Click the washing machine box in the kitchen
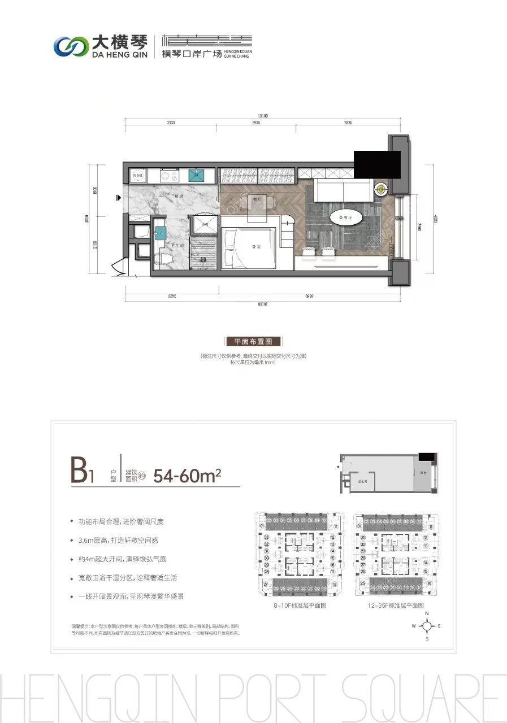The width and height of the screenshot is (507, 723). (x=138, y=176)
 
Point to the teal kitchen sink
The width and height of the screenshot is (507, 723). (x=197, y=175)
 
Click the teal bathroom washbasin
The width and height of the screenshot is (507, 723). (x=161, y=232)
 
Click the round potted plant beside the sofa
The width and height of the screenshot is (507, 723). (x=382, y=189)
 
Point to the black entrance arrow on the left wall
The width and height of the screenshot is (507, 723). (x=118, y=198)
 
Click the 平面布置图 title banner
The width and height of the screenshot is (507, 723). (x=253, y=341)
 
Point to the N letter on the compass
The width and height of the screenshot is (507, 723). (x=428, y=613)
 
